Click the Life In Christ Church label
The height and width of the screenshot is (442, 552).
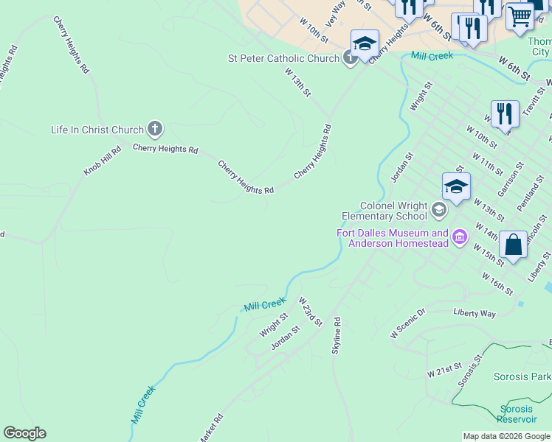click(96, 130)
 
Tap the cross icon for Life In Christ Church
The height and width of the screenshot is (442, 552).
click(154, 130)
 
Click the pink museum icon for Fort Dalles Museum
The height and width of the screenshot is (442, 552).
click(460, 237)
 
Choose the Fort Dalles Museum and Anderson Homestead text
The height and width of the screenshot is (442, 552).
click(393, 238)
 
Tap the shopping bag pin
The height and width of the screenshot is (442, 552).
click(514, 245)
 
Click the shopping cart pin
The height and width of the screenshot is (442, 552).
click(520, 15)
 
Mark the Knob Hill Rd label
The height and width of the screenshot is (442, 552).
click(102, 160)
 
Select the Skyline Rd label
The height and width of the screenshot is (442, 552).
click(337, 336)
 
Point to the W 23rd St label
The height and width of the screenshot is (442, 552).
click(311, 312)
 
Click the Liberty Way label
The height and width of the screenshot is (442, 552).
click(475, 313)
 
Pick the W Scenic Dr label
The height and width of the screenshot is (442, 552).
click(408, 323)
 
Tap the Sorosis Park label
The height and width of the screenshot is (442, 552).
click(522, 376)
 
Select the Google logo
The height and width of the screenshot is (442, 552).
click(24, 433)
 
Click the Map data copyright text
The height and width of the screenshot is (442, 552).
click(506, 436)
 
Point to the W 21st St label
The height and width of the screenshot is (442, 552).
click(444, 369)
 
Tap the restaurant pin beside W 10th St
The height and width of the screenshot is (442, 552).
click(505, 114)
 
